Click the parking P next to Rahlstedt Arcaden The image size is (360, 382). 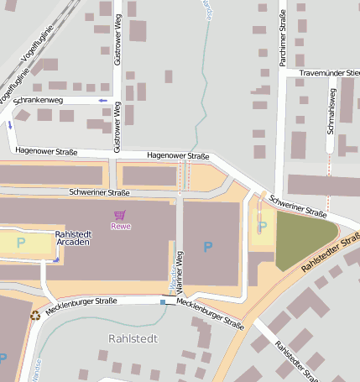21,243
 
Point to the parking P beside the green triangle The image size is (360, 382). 263,226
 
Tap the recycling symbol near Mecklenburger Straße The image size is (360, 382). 35,316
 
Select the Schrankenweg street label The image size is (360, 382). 38,101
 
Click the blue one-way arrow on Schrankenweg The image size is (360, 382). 102,101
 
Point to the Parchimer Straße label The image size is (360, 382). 282,42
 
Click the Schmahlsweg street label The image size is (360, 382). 332,114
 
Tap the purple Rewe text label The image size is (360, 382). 121,226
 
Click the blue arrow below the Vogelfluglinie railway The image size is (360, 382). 11,124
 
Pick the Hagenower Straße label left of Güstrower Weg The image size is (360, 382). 45,152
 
